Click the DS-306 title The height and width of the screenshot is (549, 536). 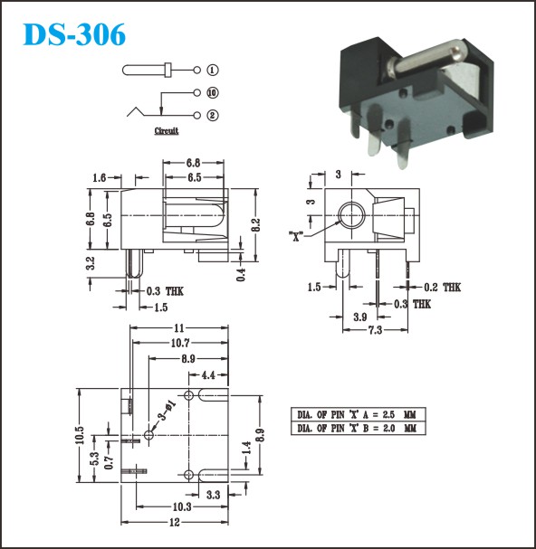pos(74,34)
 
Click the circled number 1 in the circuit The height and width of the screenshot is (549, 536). pos(213,70)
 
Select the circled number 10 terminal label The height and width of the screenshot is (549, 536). pos(213,93)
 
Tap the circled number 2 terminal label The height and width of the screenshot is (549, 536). pos(213,115)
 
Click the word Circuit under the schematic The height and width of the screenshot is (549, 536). pos(167,130)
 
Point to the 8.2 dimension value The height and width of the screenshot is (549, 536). pos(256,225)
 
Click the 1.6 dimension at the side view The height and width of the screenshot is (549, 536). pos(100,177)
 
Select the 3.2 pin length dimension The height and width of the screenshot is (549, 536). pos(91,263)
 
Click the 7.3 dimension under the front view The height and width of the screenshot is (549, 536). pos(375,330)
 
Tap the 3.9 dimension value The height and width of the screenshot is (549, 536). pos(360,317)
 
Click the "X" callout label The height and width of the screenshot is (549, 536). pos(296,237)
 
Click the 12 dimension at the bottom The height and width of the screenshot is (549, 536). pos(175,523)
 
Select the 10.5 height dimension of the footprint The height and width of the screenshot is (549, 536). pos(80,435)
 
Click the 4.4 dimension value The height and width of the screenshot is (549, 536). pos(208,375)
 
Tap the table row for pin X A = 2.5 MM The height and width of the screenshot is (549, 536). pos(359,414)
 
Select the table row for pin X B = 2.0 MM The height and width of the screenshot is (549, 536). pos(359,428)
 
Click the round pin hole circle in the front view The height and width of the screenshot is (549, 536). pos(351,202)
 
